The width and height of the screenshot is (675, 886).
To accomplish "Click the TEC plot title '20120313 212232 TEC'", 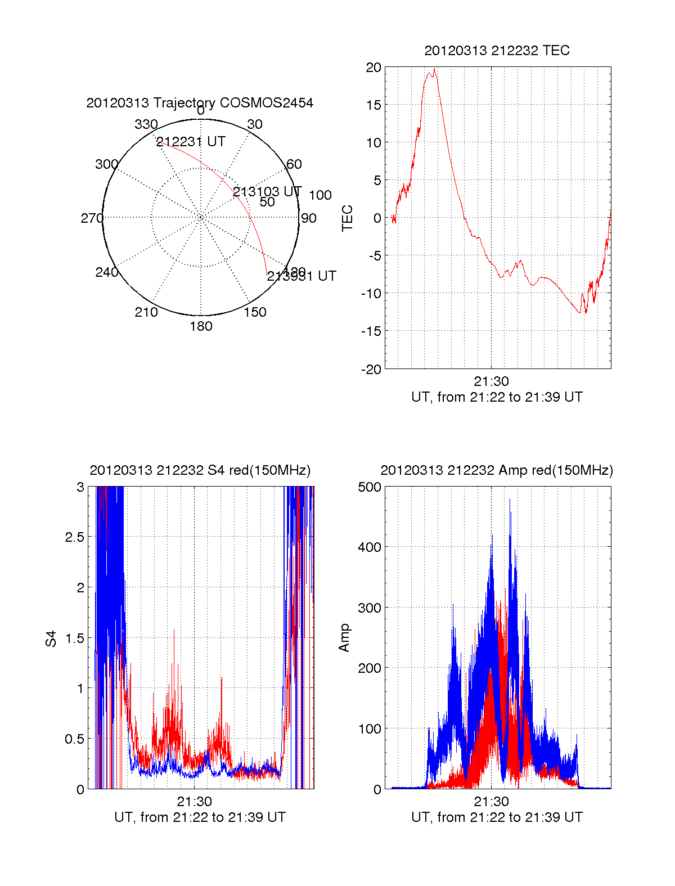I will [497, 51].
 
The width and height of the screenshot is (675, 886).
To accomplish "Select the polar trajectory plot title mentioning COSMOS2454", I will [200, 103].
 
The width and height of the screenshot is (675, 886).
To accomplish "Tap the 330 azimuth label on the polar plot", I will [146, 124].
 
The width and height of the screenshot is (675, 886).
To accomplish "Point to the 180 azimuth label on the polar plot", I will [201, 326].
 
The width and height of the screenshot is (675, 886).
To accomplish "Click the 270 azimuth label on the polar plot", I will [92, 218].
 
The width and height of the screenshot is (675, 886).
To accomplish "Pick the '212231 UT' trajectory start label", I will [191, 142].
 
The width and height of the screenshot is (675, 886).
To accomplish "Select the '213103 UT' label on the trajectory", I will [267, 192].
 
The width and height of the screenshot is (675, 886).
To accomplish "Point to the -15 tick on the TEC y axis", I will [371, 331].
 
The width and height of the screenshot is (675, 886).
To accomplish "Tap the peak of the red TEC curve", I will [434, 69].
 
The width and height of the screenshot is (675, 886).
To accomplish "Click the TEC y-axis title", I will [348, 218].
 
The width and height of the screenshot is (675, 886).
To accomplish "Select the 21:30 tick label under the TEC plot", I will [491, 381].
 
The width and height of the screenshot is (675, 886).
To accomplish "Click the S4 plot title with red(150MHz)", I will [200, 470].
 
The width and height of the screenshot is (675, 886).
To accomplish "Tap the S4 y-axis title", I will [51, 638].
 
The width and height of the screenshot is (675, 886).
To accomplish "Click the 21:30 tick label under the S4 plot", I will [194, 802].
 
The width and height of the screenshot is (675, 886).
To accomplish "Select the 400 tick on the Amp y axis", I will [370, 547].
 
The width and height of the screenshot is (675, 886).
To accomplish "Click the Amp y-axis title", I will [344, 638].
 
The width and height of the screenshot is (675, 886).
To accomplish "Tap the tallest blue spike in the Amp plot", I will [510, 500].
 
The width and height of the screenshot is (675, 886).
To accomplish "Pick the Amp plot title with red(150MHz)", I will [497, 470].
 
